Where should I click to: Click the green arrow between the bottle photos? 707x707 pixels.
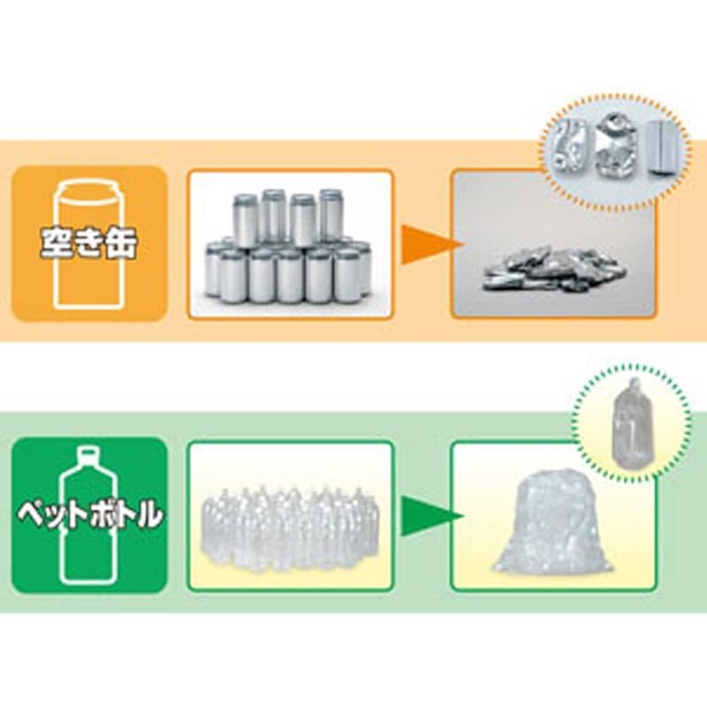click(x=422, y=515)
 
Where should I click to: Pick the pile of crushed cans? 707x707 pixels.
click(x=555, y=269)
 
